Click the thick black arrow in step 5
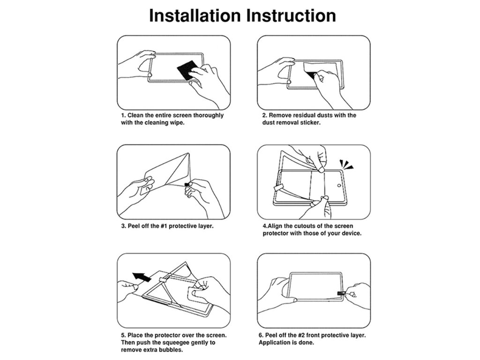click(x=142, y=277)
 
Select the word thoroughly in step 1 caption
click(x=208, y=116)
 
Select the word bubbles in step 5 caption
click(x=172, y=350)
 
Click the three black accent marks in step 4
click(x=346, y=164)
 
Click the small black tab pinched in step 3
click(x=187, y=184)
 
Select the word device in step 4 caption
click(x=352, y=233)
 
